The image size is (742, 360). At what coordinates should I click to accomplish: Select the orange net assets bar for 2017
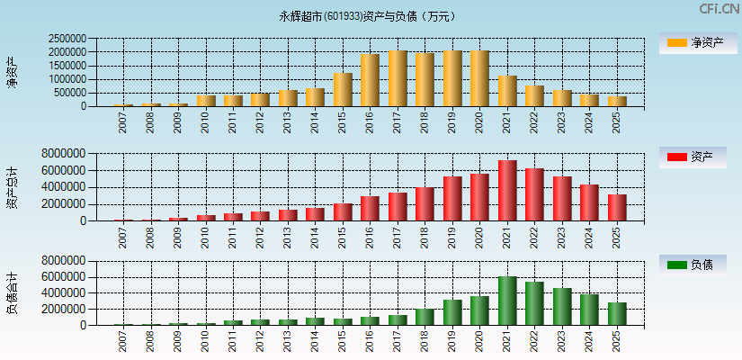tap(398, 78)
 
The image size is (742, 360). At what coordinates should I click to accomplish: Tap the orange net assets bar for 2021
tap(507, 91)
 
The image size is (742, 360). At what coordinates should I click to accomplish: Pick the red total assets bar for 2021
tap(507, 191)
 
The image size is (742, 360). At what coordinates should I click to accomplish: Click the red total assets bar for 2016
tap(370, 208)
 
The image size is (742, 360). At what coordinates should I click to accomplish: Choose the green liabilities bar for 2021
tap(507, 301)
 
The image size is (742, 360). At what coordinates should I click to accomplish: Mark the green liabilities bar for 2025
tap(617, 313)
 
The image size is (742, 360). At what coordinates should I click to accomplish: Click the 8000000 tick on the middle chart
tap(62, 154)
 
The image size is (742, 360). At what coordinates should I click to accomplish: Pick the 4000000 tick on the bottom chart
tap(62, 292)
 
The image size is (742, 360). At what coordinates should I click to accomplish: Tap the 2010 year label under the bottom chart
tap(206, 341)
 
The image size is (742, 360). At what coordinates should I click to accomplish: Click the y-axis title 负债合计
tap(13, 292)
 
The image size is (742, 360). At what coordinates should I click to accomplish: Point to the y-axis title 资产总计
tap(13, 187)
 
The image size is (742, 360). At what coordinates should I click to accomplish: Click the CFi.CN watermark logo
tap(719, 9)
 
